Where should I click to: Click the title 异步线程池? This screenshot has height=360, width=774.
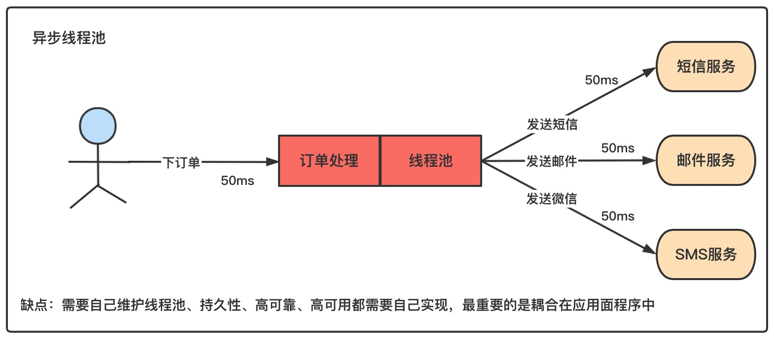(69, 38)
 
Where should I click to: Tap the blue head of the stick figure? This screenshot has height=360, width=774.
(98, 126)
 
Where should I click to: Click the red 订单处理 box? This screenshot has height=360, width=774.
(329, 161)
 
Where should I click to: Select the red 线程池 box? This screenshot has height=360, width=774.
(431, 161)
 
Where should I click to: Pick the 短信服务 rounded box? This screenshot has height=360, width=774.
(705, 67)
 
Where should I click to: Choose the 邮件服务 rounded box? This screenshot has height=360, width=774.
(705, 160)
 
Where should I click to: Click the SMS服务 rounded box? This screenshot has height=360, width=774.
(705, 254)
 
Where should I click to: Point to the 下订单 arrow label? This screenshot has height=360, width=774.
(181, 162)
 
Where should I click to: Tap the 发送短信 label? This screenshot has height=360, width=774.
(552, 124)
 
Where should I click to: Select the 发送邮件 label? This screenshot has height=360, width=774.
(551, 161)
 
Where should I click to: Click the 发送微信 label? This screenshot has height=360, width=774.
(551, 199)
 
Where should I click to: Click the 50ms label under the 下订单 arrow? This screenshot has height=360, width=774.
(237, 180)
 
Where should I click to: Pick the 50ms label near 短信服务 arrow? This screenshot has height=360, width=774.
(601, 80)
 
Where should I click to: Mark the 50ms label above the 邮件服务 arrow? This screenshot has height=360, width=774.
(617, 148)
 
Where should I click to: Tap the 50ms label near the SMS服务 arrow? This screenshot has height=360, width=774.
(617, 216)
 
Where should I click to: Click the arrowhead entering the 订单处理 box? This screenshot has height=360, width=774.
(273, 161)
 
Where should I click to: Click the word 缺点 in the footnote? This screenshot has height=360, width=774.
(34, 305)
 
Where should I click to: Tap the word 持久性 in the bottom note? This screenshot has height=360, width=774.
(220, 305)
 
